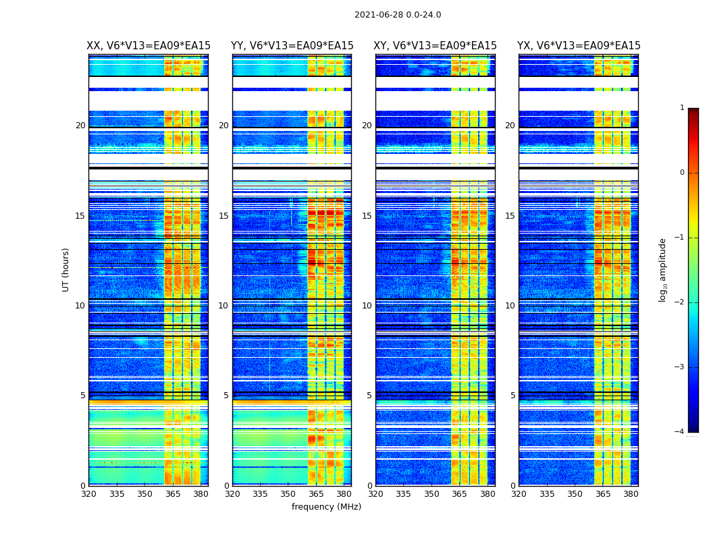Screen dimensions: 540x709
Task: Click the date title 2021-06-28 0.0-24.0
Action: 398,15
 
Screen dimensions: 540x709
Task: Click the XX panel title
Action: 149,46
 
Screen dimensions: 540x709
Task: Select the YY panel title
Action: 292,46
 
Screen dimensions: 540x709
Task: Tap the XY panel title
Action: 435,46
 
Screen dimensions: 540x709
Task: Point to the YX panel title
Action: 579,46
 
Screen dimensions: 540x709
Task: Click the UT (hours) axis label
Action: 65,269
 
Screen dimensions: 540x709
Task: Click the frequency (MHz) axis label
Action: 326,507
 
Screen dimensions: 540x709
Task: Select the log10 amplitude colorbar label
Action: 662,269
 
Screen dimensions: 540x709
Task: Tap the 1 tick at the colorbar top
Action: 682,108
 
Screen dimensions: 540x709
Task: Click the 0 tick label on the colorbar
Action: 682,173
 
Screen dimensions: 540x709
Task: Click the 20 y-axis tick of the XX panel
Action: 80,126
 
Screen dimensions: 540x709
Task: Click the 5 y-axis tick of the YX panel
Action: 513,396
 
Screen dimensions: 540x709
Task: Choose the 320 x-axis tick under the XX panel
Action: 88,494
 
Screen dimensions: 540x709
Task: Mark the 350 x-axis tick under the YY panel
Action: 288,494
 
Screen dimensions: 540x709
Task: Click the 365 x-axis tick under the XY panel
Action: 459,494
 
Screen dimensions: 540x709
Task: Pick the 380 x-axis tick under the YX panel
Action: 631,494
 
